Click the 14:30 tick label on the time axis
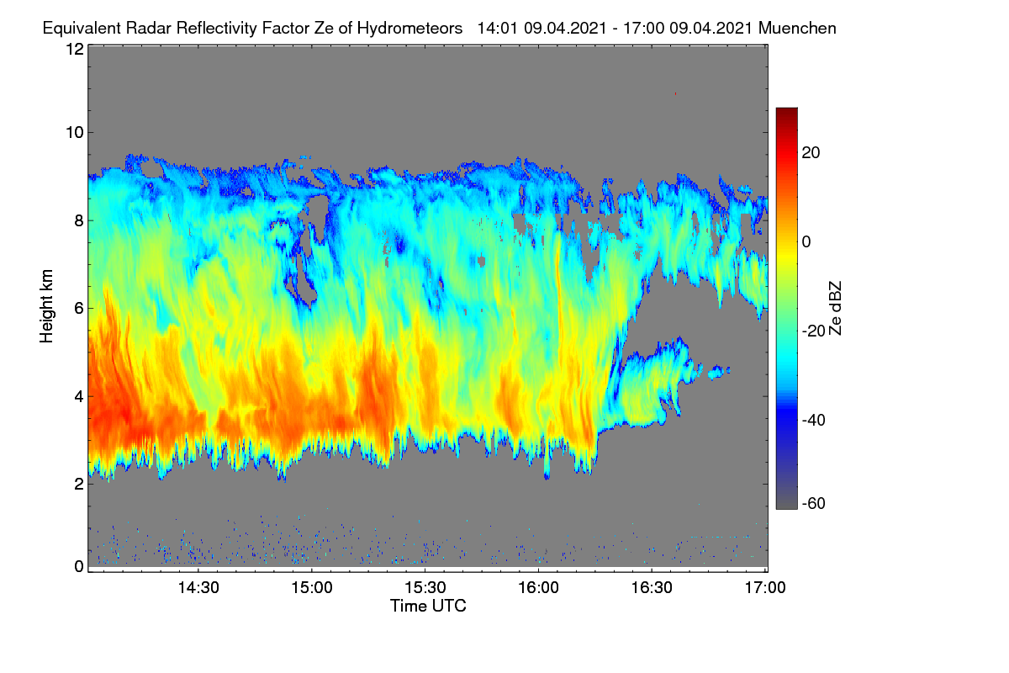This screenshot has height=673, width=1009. click(198, 588)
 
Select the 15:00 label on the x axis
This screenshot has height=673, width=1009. click(312, 588)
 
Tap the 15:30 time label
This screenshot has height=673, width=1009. click(425, 588)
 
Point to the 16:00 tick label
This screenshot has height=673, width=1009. click(538, 588)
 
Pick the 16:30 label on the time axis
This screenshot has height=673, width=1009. click(652, 588)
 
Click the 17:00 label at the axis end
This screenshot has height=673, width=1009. click(765, 588)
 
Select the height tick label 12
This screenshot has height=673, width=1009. click(75, 49)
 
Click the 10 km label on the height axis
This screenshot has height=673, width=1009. click(75, 133)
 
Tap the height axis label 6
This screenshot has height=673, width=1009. click(79, 309)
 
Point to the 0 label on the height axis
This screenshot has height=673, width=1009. click(79, 567)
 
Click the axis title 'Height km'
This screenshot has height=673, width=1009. click(46, 306)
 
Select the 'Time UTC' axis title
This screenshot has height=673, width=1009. click(428, 607)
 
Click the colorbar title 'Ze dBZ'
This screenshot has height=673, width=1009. click(835, 309)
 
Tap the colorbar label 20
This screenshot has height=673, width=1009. click(811, 153)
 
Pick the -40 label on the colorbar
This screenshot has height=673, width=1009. click(814, 421)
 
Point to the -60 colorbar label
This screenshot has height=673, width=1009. click(814, 504)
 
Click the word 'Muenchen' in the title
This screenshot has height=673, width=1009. click(797, 29)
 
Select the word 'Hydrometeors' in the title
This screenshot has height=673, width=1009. click(410, 29)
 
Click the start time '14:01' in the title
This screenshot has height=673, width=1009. click(497, 29)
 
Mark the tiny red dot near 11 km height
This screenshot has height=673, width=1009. click(675, 93)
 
